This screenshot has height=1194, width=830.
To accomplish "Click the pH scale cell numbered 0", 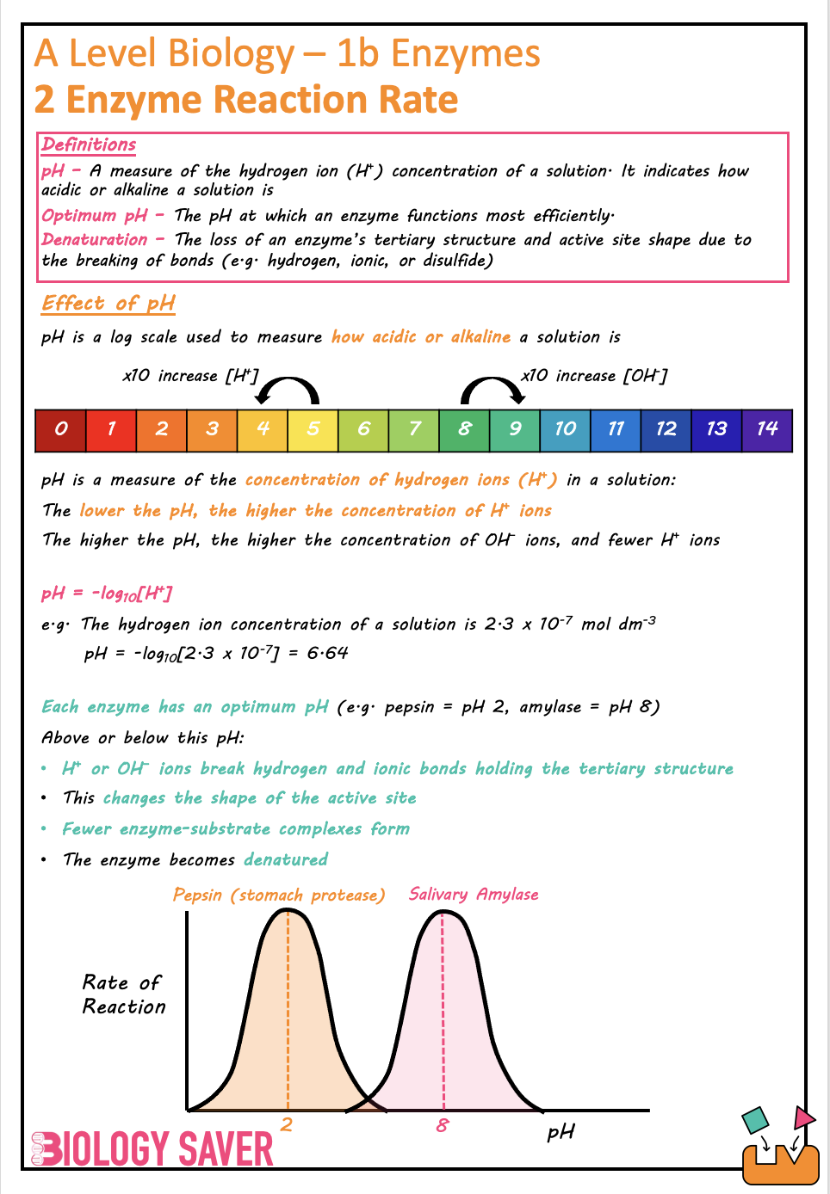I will coord(60,429).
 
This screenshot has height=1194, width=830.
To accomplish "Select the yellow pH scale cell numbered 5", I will coord(313,429).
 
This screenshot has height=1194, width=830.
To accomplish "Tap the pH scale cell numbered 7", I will coord(414,429).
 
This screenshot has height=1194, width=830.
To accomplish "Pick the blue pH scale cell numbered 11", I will coord(616,429).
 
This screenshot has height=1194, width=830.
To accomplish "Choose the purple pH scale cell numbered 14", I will coord(767,429).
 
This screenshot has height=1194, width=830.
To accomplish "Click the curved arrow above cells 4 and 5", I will coord(288,390).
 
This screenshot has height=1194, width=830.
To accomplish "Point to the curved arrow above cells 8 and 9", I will coord(492,390).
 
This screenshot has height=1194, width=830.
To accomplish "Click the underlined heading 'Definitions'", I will coord(89,145).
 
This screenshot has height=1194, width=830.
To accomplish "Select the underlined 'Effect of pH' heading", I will coord(108,303).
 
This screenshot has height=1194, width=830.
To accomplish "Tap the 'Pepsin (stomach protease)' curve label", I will coord(279,895).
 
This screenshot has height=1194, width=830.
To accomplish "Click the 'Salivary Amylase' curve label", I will coord(474,894).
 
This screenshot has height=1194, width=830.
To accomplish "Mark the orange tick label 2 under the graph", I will coord(287,1124).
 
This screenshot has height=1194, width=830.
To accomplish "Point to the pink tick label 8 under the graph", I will coord(443,1124).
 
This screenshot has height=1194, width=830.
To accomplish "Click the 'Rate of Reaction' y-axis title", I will coord(123,994).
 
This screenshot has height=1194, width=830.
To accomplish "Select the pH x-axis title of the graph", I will coord(561,1132).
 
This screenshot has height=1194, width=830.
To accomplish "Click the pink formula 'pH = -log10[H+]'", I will coord(107,594).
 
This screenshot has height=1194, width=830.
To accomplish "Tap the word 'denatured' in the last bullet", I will coord(286,859).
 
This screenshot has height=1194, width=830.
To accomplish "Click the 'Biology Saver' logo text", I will coord(153,1148).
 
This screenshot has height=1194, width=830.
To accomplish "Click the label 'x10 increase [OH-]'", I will coord(594,376).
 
